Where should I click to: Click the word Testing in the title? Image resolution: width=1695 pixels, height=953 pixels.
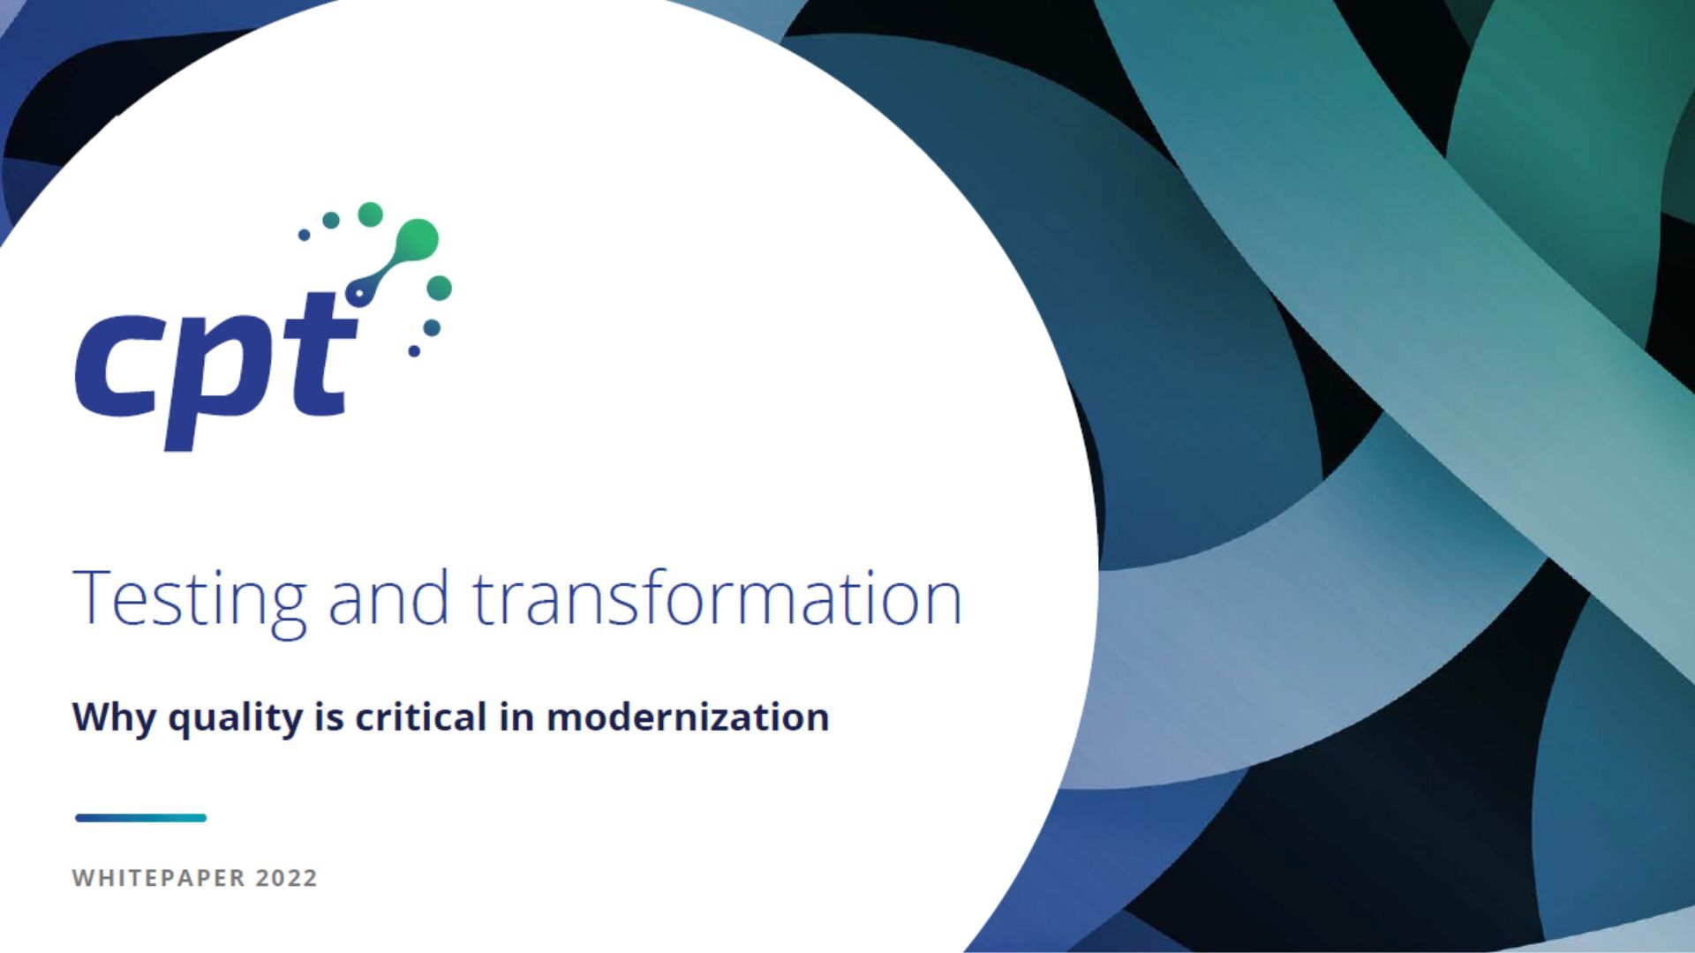click(x=189, y=600)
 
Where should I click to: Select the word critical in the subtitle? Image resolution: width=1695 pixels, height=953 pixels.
click(x=421, y=716)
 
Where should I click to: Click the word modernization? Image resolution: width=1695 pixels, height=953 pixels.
click(x=688, y=716)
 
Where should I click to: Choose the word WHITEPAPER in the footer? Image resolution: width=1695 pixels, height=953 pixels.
click(x=159, y=878)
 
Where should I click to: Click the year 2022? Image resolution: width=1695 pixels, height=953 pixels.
click(x=286, y=878)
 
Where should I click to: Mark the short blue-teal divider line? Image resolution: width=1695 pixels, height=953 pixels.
click(x=140, y=818)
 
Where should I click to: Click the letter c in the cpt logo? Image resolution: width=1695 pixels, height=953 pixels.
click(x=115, y=366)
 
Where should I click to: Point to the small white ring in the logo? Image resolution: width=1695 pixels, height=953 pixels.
click(x=359, y=293)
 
